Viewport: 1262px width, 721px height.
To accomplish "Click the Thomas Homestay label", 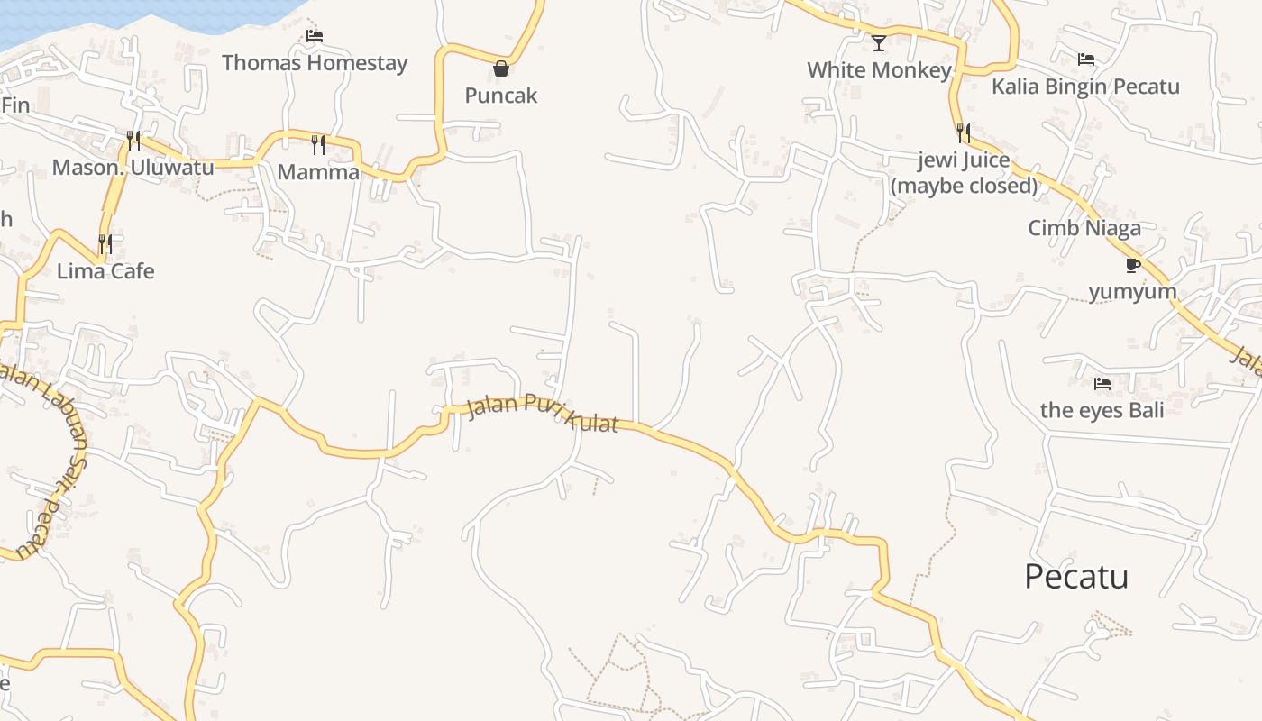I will tap(315, 63).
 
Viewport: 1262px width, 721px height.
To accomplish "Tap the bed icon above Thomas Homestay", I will tap(315, 36).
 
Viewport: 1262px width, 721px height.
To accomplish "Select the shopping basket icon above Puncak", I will tap(501, 68).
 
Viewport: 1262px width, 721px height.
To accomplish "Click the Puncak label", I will tap(501, 96).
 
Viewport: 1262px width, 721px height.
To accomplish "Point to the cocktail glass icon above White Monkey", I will tap(879, 42).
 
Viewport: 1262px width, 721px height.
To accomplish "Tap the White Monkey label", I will tap(879, 70).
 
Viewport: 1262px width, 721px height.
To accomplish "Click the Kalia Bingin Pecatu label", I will tap(1085, 87).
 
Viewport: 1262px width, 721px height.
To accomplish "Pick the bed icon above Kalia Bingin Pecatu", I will tap(1086, 59).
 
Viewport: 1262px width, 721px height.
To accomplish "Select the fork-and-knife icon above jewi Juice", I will tap(964, 133).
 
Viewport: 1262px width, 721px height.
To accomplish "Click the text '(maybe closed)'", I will tap(965, 186).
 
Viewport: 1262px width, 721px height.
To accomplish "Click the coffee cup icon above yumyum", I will tap(1133, 265).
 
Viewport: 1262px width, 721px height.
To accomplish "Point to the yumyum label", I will tap(1133, 292).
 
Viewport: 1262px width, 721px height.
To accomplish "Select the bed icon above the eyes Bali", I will tap(1102, 384).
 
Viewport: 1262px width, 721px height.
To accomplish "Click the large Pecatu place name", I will tap(1076, 577).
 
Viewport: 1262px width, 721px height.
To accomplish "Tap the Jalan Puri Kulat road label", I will tap(544, 414).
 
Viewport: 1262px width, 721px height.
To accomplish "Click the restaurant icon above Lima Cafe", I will tap(105, 244).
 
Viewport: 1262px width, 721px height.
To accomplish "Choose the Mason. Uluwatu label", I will tap(133, 168).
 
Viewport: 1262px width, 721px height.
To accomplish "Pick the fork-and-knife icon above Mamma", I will tap(318, 145).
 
